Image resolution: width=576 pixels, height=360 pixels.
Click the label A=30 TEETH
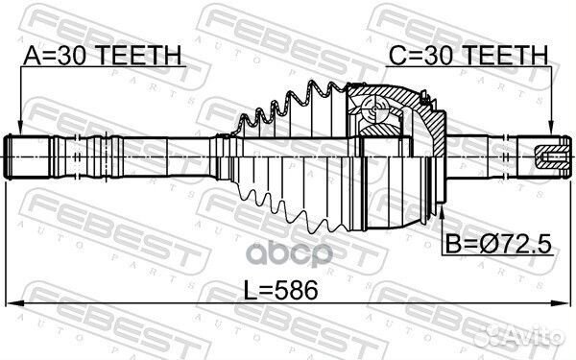(103, 56)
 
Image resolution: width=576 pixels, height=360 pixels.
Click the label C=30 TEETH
(468, 56)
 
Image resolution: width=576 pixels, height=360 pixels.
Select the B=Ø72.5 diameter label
(498, 244)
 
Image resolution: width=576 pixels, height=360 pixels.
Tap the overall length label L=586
(281, 290)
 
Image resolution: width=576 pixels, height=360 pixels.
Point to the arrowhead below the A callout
(20, 129)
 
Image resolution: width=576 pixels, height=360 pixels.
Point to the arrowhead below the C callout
(551, 129)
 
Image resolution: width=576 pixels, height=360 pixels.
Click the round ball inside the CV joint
(374, 108)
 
